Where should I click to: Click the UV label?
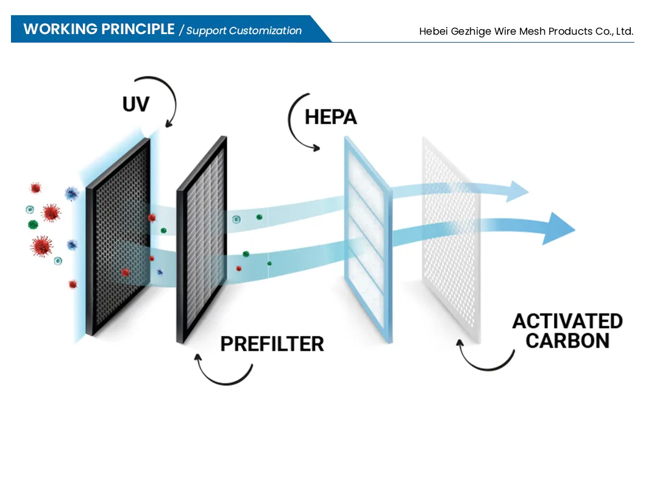click(135, 104)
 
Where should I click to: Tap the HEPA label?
click(330, 117)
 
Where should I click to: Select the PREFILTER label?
click(272, 344)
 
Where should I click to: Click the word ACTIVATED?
click(567, 321)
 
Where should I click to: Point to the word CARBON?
click(567, 341)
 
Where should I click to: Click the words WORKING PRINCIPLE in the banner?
click(99, 29)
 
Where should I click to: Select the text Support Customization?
click(244, 30)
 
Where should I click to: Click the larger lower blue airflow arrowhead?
click(558, 228)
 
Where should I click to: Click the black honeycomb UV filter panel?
click(118, 237)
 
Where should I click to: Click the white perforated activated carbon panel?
click(451, 241)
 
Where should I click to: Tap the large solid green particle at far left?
click(33, 225)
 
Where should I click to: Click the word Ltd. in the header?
click(625, 31)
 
